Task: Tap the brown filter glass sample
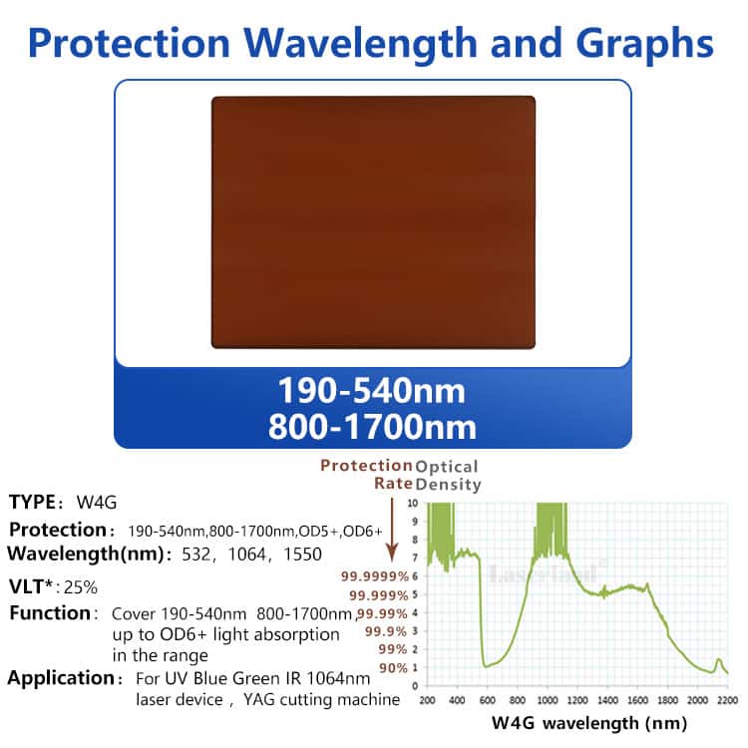click(x=373, y=221)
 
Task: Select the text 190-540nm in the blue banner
click(x=371, y=391)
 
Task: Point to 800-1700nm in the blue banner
click(x=371, y=427)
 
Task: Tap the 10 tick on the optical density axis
click(x=414, y=504)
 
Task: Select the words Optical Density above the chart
click(x=447, y=476)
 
